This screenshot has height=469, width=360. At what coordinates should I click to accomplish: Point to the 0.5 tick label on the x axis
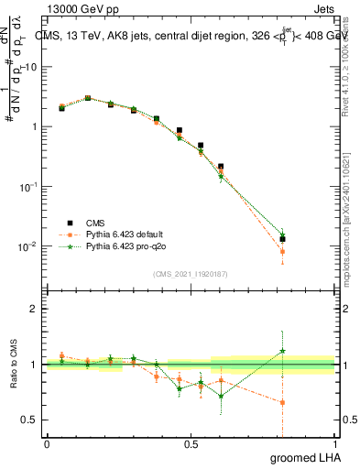[x=191, y=444]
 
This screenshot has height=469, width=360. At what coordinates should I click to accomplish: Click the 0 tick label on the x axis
[x=47, y=444]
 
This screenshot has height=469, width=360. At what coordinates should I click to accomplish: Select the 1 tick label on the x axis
[x=334, y=444]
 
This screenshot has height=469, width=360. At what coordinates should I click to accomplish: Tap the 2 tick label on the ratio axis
[x=35, y=309]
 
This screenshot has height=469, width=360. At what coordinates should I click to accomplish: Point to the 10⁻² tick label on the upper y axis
[x=29, y=246]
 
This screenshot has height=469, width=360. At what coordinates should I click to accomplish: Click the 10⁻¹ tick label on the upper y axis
[x=29, y=186]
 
